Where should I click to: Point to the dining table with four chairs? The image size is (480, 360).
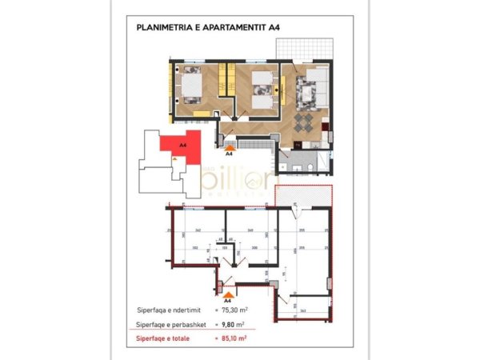(306, 122)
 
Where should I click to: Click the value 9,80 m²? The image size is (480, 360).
(232, 325)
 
